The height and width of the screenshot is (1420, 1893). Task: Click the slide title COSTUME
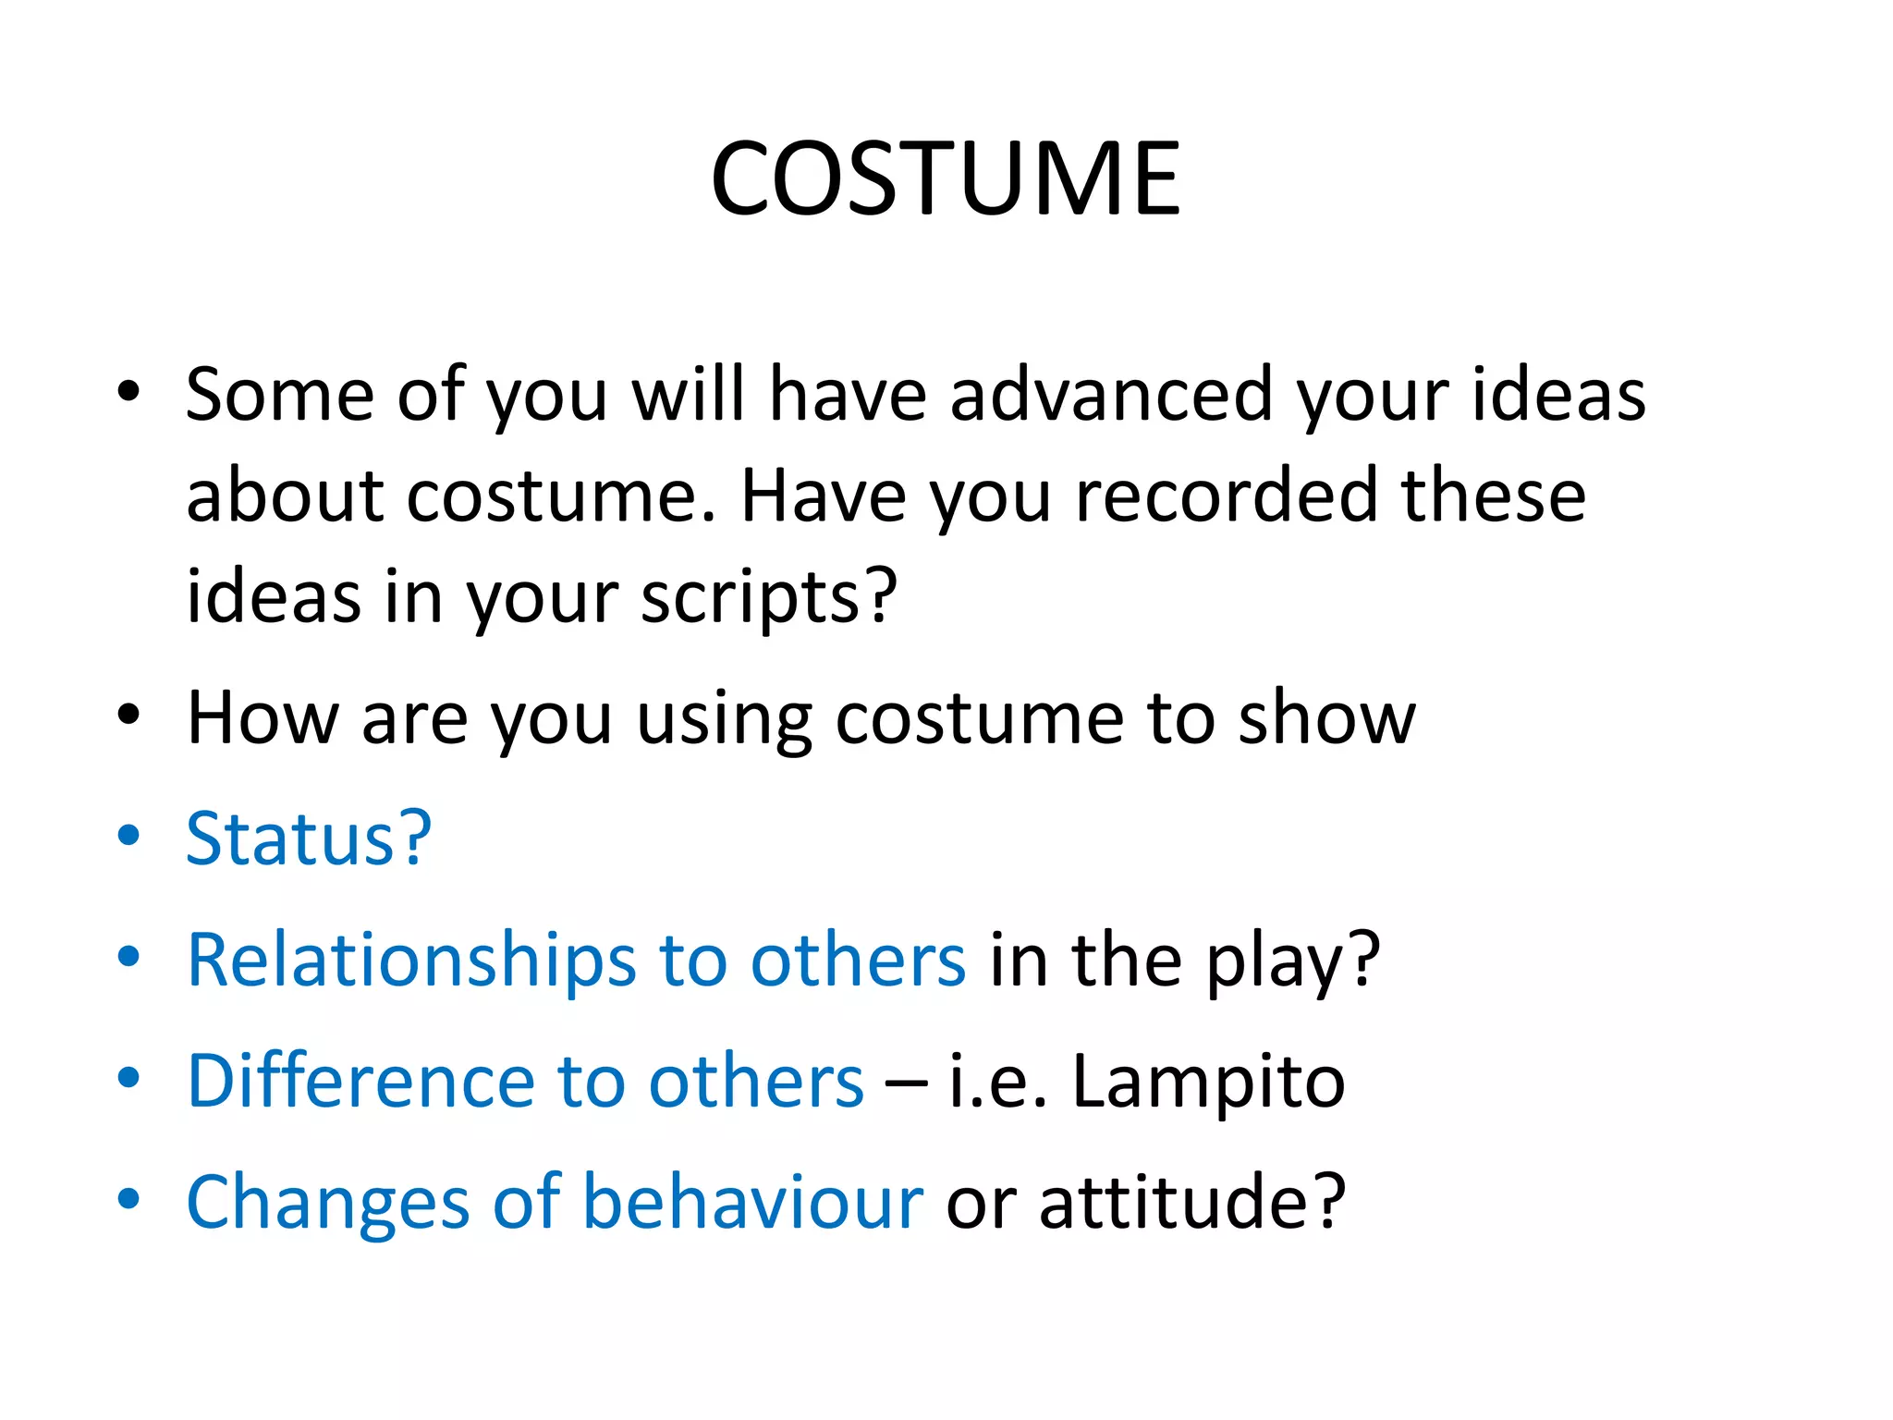click(x=946, y=178)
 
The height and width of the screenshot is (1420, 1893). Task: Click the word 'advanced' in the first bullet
click(x=1110, y=395)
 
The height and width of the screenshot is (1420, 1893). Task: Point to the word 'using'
click(x=724, y=720)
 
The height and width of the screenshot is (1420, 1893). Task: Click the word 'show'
click(x=1326, y=718)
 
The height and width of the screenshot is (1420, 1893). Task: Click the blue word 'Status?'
click(x=309, y=839)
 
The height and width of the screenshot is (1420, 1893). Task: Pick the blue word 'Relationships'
click(x=411, y=961)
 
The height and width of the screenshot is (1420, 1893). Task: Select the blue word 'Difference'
click(x=360, y=1081)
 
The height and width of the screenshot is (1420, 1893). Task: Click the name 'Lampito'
click(x=1208, y=1083)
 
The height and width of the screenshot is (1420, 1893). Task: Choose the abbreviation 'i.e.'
click(x=998, y=1083)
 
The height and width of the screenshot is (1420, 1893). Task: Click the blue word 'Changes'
click(x=327, y=1203)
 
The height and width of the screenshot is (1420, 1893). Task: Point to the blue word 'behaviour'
click(x=752, y=1202)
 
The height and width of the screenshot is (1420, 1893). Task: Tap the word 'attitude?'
click(x=1192, y=1202)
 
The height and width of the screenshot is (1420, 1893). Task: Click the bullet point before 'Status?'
click(x=128, y=836)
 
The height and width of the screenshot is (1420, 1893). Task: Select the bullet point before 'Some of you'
click(x=128, y=392)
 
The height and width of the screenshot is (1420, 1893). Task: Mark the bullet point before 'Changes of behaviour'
click(x=128, y=1199)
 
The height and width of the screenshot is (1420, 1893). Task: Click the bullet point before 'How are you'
click(x=128, y=715)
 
